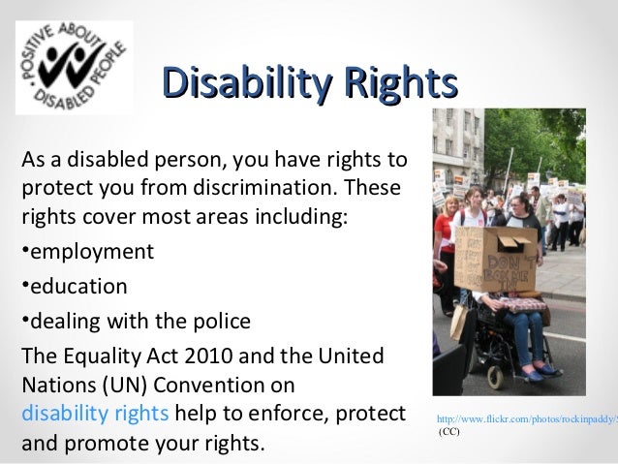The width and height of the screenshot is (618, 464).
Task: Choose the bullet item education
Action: coord(77,286)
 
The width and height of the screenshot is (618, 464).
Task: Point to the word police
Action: coord(221,320)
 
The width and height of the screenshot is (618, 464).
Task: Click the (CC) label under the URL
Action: coord(449,431)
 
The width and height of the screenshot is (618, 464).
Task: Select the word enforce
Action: coord(290,415)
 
